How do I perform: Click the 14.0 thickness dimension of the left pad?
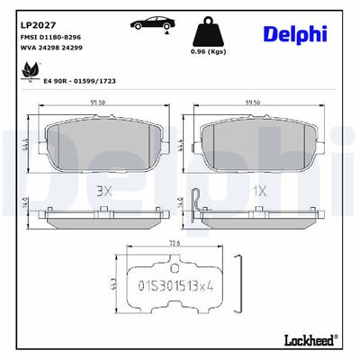point(28,203)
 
